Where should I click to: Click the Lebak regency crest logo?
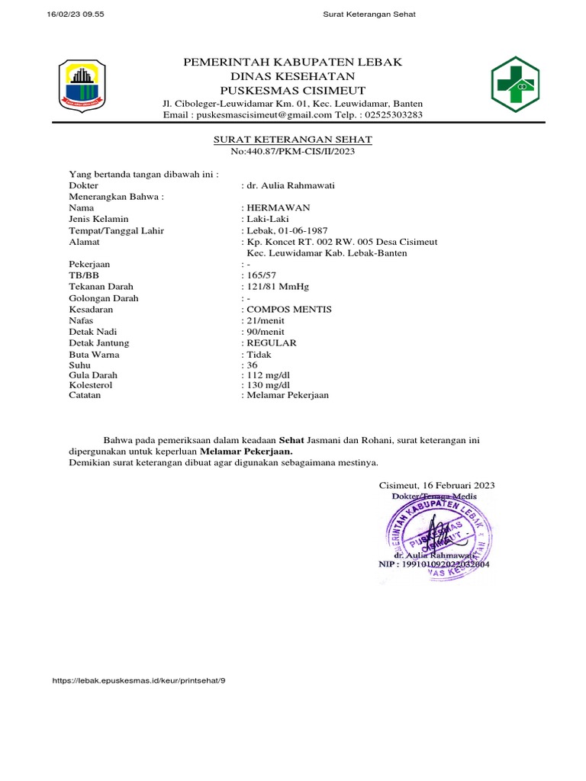[x=82, y=85]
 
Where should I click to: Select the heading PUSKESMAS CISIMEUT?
[x=292, y=91]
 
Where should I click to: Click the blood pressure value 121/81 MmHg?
[x=278, y=287]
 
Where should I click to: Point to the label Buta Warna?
[x=94, y=355]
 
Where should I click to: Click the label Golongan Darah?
[x=104, y=298]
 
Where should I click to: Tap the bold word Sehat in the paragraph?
[x=291, y=441]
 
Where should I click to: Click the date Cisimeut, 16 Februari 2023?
[x=436, y=485]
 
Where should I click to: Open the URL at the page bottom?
[x=140, y=679]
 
